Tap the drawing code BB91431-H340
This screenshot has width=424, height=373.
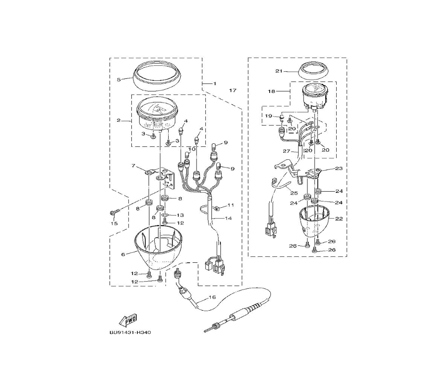130,332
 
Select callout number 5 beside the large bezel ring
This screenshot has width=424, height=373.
119,79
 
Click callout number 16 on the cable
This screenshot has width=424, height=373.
212,297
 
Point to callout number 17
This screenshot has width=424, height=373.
232,90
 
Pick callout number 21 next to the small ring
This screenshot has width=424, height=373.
279,71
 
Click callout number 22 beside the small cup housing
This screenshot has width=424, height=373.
339,219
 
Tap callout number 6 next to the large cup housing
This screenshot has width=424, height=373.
123,254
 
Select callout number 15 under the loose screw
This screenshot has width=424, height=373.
114,223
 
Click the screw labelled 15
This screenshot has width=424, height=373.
113,213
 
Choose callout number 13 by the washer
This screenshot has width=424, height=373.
180,215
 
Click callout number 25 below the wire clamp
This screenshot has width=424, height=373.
294,193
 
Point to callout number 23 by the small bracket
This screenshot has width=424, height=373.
339,168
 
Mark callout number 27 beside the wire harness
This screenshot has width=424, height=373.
286,151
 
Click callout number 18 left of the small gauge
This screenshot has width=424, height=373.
271,92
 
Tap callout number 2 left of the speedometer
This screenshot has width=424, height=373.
119,120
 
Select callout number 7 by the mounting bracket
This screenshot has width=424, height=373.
133,165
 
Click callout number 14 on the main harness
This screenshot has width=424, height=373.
229,218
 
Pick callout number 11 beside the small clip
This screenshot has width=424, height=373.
230,205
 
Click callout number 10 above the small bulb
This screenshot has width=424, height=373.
192,149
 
